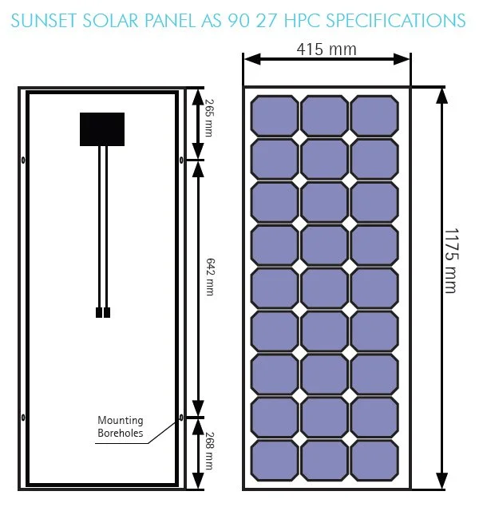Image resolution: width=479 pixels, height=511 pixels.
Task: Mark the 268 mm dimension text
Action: tap(209, 450)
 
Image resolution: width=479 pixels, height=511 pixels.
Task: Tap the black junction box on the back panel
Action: tap(102, 129)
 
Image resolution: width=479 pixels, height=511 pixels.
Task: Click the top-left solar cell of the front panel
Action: tap(273, 116)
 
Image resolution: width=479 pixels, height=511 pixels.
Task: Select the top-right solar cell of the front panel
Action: tap(374, 116)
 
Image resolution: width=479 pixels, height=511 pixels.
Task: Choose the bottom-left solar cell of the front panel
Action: tap(273, 460)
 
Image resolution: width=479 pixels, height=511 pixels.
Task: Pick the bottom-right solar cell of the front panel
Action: tap(374, 460)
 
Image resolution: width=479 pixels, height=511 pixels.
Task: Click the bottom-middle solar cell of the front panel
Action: tap(323, 460)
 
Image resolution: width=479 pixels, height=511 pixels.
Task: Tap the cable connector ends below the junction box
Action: tap(102, 313)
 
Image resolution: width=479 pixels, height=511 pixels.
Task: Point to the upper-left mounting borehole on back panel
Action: tap(23, 160)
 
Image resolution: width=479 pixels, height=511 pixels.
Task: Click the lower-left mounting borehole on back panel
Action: tap(23, 418)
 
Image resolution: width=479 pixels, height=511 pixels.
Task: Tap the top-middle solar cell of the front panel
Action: tap(323, 116)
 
